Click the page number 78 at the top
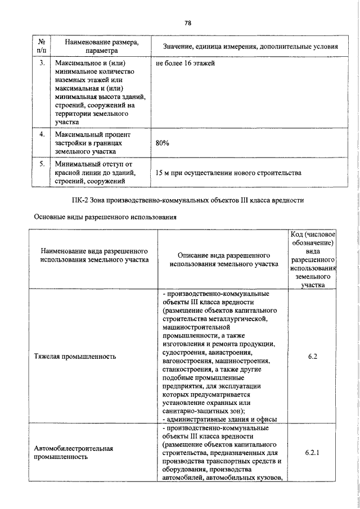pos(188,23)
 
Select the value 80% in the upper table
pos(163,143)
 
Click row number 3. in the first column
pos(41,64)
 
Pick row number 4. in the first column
pos(41,136)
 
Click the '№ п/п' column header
pos(41,46)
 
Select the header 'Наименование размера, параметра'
pos(101,46)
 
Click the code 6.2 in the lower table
pos(313,355)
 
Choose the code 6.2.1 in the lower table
pos(313,452)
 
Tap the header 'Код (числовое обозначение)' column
pos(313,259)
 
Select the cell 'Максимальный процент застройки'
pos(93,143)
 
